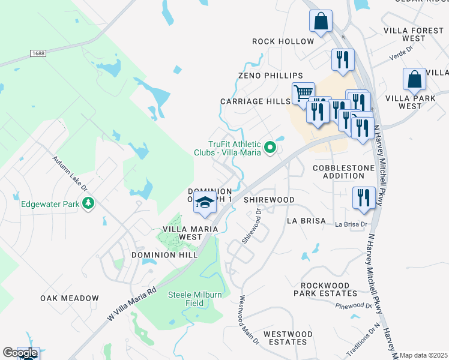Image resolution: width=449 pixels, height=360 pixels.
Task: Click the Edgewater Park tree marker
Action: pyautogui.click(x=89, y=203)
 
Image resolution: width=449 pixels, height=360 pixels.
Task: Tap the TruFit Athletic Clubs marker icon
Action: pyautogui.click(x=270, y=146)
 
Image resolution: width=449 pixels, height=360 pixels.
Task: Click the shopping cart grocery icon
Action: pyautogui.click(x=303, y=92)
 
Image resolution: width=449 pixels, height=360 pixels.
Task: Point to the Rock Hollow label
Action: pyautogui.click(x=283, y=41)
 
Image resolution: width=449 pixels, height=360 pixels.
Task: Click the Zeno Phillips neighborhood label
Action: pyautogui.click(x=271, y=76)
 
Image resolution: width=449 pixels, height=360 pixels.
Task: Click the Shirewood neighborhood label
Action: pyautogui.click(x=269, y=199)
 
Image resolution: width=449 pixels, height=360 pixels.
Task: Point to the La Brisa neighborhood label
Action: pyautogui.click(x=306, y=221)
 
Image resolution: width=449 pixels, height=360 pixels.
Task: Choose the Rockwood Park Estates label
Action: pyautogui.click(x=325, y=289)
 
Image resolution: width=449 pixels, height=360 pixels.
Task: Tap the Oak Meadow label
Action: pyautogui.click(x=70, y=298)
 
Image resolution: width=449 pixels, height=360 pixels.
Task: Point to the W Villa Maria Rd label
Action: pyautogui.click(x=133, y=305)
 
